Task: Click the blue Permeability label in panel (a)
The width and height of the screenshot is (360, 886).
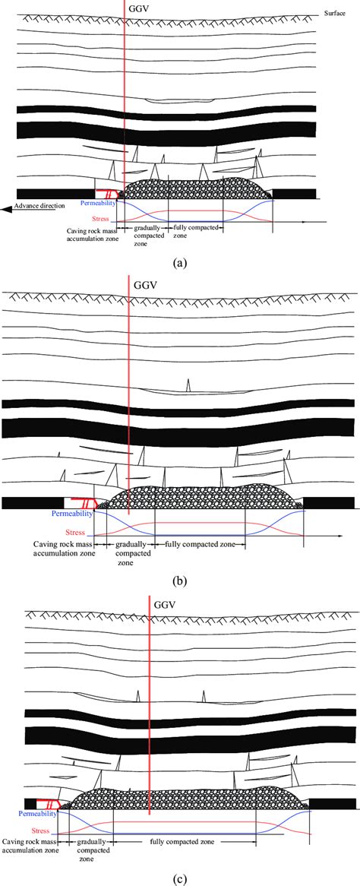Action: tap(98, 203)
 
